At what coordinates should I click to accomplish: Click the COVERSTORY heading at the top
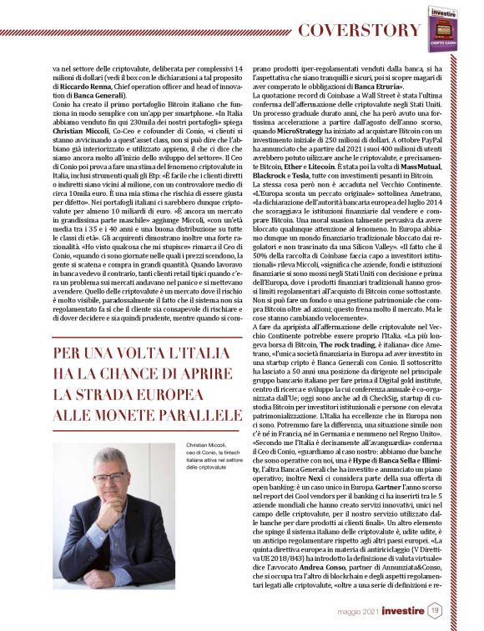click(360, 31)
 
